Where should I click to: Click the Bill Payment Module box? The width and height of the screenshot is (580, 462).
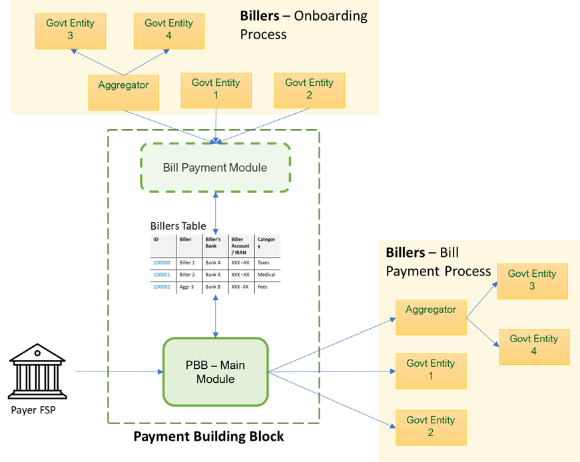[x=215, y=167]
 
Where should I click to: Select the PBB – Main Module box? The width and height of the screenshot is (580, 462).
[x=215, y=372]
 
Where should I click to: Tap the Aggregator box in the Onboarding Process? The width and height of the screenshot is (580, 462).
[x=123, y=92]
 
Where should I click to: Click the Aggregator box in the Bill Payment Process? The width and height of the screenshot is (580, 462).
[x=431, y=317]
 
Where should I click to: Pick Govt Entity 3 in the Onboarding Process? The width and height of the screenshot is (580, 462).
[x=70, y=30]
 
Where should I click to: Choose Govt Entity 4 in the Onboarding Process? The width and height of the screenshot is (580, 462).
[x=168, y=30]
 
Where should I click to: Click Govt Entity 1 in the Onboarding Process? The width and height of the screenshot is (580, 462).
[x=216, y=90]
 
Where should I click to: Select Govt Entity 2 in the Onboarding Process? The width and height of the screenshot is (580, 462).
[x=309, y=90]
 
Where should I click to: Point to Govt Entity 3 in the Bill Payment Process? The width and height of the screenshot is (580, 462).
[x=532, y=280]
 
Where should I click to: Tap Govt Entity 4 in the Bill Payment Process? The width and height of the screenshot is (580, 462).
[x=534, y=346]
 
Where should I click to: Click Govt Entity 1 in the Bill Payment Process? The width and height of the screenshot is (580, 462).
[x=431, y=370]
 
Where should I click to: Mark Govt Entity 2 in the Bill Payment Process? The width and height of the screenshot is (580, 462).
[x=431, y=427]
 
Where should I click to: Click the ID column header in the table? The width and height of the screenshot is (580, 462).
[x=162, y=245]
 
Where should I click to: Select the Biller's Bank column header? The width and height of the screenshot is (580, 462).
[x=215, y=245]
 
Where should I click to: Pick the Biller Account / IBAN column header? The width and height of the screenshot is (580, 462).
[x=241, y=245]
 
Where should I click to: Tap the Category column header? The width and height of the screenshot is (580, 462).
[x=267, y=245]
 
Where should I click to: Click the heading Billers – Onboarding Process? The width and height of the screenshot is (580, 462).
[x=303, y=25]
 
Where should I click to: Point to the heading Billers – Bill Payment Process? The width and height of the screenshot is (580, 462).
[x=437, y=262]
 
